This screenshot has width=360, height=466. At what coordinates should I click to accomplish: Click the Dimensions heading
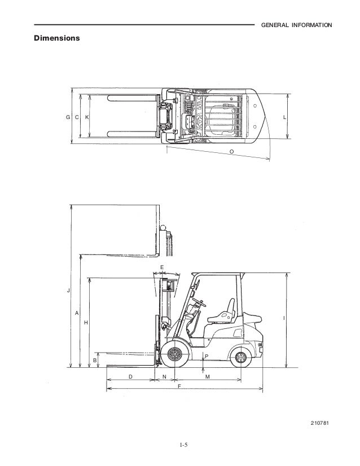57,38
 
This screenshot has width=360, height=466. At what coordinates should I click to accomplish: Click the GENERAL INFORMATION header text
296,25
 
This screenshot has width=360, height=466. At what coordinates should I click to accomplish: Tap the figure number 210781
319,423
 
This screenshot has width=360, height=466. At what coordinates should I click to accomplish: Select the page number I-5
183,445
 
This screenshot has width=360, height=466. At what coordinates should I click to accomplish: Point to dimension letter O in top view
231,152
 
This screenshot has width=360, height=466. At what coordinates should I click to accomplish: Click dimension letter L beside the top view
284,117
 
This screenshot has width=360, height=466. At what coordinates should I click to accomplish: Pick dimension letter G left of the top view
68,117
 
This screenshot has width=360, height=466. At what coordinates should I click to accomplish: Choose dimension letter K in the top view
87,117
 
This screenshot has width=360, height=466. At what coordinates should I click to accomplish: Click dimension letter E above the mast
162,267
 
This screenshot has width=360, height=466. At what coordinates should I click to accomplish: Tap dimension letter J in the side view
68,291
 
